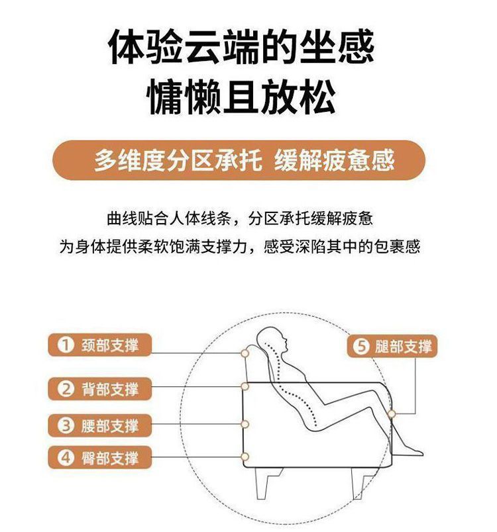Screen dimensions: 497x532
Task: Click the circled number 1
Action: pyautogui.click(x=66, y=345)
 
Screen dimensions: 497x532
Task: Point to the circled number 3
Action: pyautogui.click(x=66, y=425)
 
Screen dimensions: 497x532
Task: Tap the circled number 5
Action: pyautogui.click(x=360, y=347)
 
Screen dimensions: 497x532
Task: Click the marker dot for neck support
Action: pyautogui.click(x=245, y=353)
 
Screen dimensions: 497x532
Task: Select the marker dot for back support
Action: pyautogui.click(x=245, y=386)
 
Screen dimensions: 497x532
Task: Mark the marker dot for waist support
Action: pyautogui.click(x=245, y=424)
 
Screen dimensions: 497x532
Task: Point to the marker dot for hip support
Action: pyautogui.click(x=245, y=457)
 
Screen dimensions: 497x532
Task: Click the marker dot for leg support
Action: pyautogui.click(x=392, y=414)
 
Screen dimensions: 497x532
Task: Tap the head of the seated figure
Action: pyautogui.click(x=272, y=340)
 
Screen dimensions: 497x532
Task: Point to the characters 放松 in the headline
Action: pyautogui.click(x=298, y=96)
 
